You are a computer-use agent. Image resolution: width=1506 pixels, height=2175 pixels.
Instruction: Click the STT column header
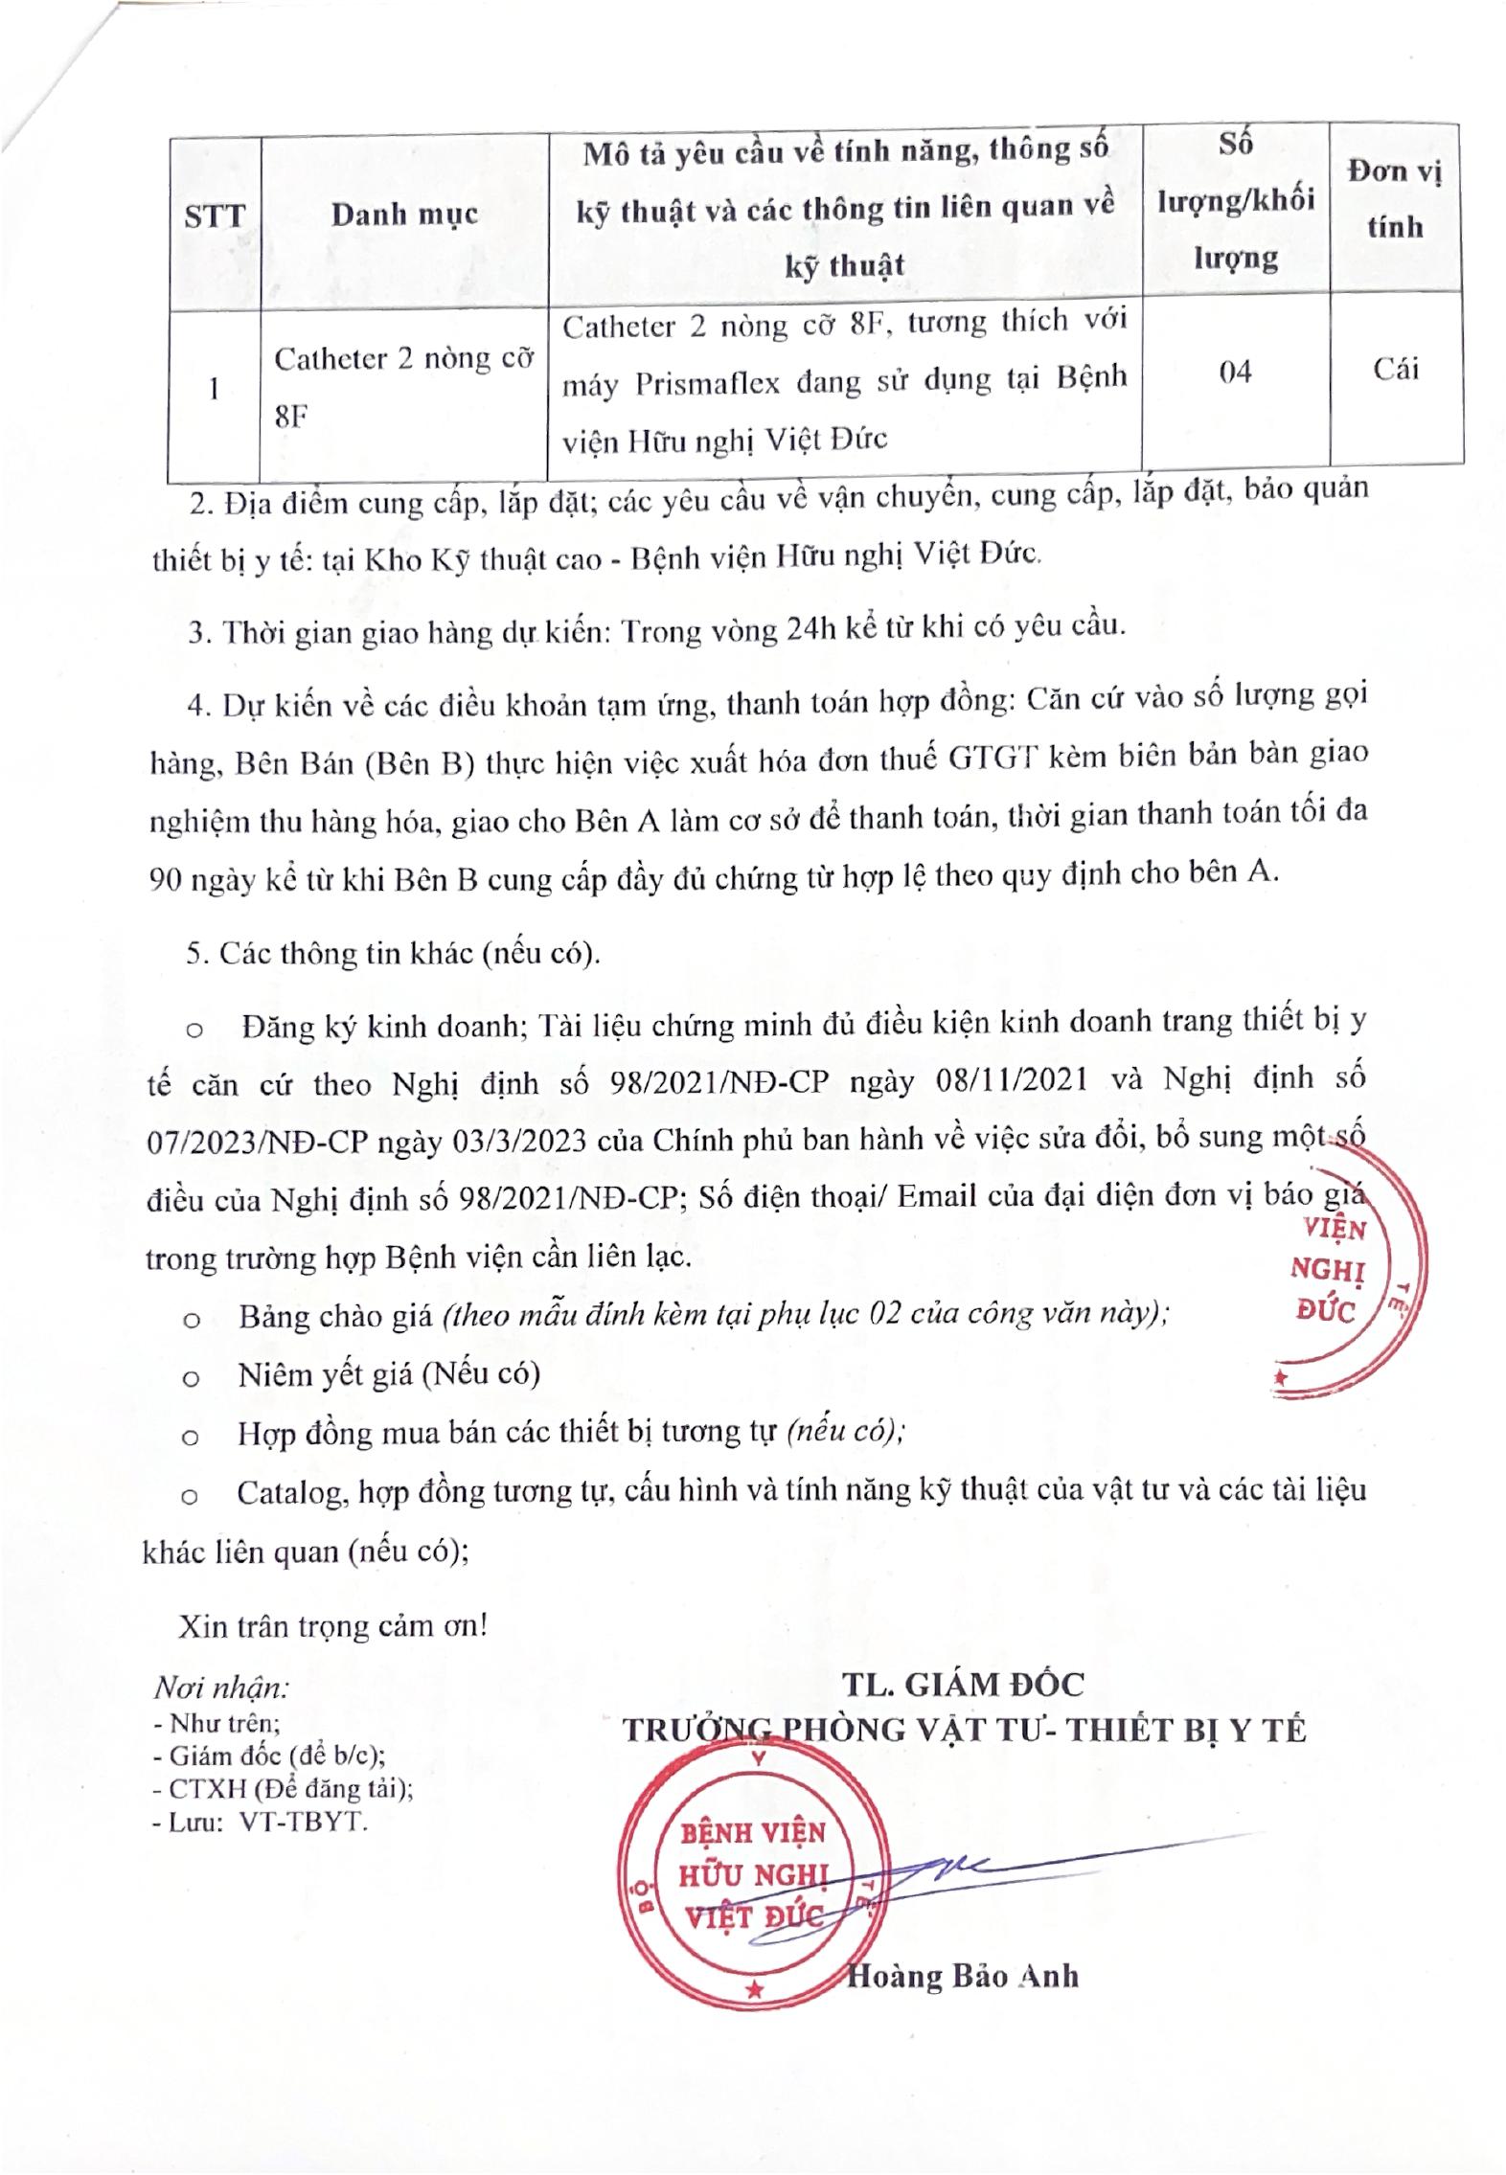click(214, 216)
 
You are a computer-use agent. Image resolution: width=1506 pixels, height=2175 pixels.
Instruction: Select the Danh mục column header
click(403, 214)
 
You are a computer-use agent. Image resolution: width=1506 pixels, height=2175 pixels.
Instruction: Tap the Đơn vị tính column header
click(1394, 199)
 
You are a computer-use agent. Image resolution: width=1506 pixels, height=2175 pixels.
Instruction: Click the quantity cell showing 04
click(1235, 372)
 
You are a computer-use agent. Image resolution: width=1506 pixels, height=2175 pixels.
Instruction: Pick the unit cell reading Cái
click(1395, 370)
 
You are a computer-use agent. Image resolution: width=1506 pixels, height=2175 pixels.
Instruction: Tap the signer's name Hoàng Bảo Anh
click(962, 1976)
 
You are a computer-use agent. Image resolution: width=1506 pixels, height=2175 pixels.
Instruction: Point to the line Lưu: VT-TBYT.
click(260, 1822)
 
